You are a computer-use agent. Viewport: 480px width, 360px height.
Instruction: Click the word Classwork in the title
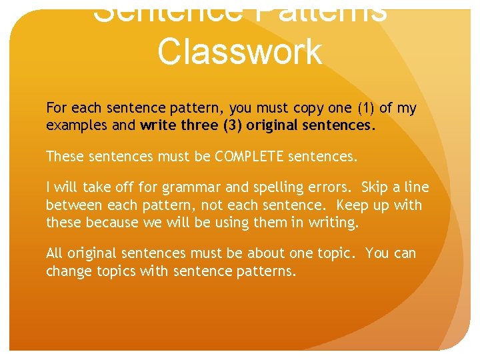(x=240, y=52)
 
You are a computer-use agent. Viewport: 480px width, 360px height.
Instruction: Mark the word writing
(x=331, y=223)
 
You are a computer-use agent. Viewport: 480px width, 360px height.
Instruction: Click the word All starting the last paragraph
(x=55, y=253)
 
